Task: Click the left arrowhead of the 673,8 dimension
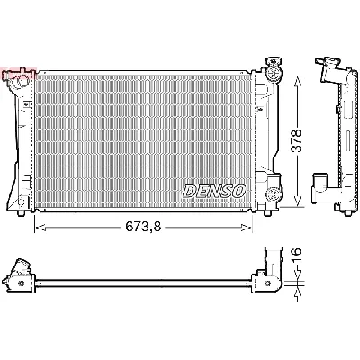38,227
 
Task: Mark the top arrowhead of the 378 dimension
297,78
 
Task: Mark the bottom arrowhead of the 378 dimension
297,202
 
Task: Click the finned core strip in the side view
345,135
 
